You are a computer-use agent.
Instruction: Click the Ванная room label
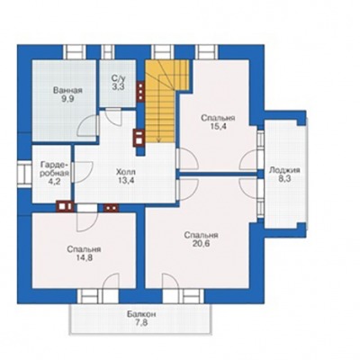tap(67, 90)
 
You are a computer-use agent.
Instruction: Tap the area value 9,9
tap(67, 99)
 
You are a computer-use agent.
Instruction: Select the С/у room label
tap(118, 78)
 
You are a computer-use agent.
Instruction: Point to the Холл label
tap(126, 172)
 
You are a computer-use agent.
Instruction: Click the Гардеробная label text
tap(55, 169)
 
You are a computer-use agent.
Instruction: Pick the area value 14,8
tap(84, 258)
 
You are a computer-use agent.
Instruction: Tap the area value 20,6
tap(201, 244)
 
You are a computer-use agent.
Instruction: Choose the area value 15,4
tap(218, 126)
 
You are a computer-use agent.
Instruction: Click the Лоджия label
tap(284, 170)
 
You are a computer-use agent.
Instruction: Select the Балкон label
tap(141, 315)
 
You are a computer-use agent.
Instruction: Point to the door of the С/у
tap(114, 115)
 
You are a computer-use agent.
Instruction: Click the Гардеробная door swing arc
tap(84, 172)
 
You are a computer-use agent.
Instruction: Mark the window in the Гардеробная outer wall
tap(24, 175)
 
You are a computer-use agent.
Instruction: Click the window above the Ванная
tap(74, 52)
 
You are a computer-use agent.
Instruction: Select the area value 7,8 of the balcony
tap(141, 323)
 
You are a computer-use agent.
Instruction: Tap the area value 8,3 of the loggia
tap(284, 179)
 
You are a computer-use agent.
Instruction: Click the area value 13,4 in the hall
tap(126, 181)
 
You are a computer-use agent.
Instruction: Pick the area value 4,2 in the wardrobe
tap(55, 182)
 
